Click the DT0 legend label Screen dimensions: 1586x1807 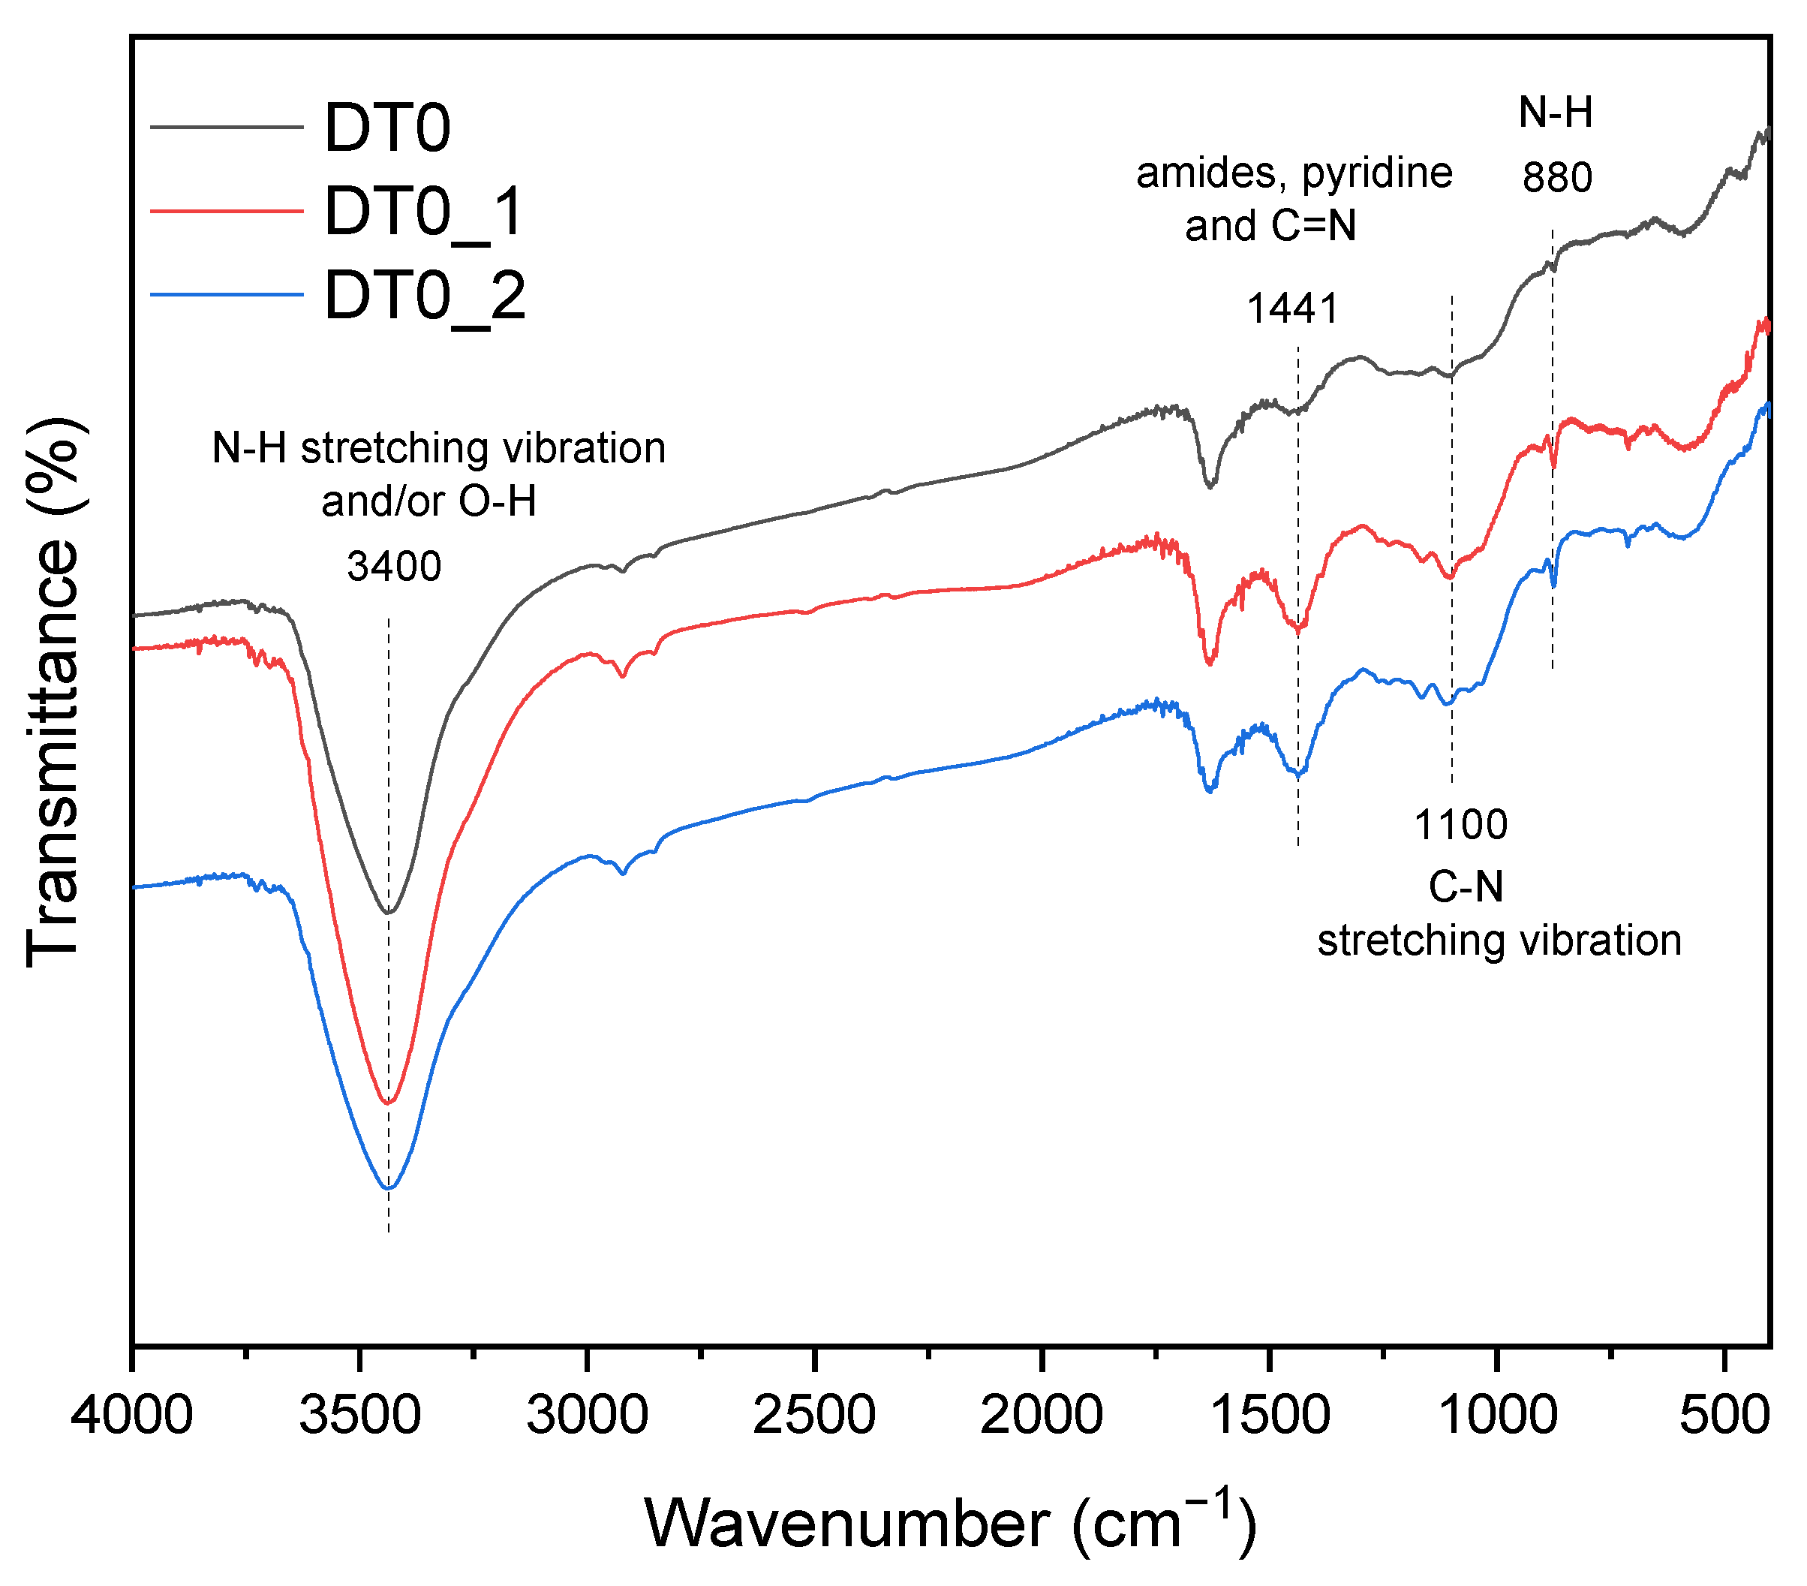point(387,128)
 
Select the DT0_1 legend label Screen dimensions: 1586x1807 point(424,212)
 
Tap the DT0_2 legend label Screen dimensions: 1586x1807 point(424,296)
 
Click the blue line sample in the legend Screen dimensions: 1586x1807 point(227,294)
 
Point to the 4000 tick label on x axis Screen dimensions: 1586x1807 point(132,1415)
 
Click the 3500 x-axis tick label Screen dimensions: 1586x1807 point(359,1415)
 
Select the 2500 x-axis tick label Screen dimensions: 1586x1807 point(814,1415)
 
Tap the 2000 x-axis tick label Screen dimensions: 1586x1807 point(1042,1415)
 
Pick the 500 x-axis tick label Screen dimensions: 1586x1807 point(1724,1415)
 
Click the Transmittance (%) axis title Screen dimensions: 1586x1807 point(55,694)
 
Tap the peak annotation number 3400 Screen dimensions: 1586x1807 point(394,567)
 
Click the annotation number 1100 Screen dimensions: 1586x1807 point(1460,825)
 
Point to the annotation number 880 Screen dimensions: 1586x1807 point(1557,178)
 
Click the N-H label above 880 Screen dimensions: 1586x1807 point(1556,113)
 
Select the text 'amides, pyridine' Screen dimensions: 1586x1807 point(1294,173)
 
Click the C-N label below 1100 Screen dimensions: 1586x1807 point(1466,886)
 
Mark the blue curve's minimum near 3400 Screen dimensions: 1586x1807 point(389,1188)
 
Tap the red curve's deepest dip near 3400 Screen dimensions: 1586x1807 point(388,1103)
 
